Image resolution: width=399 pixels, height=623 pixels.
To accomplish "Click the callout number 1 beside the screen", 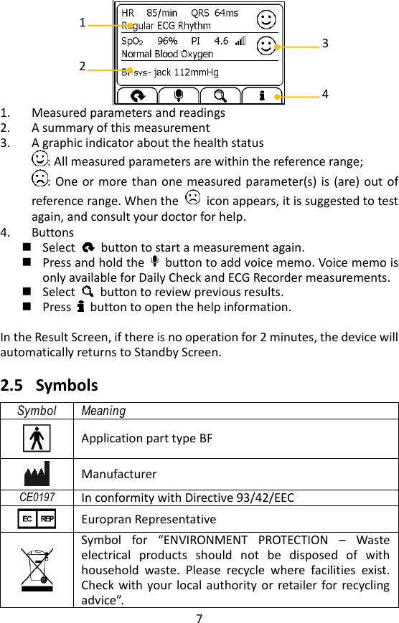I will [x=83, y=23].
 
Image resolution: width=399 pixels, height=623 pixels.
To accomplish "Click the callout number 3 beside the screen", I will [x=325, y=44].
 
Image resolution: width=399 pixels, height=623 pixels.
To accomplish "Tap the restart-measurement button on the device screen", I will [x=136, y=95].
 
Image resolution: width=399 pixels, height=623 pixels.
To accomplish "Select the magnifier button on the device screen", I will [x=220, y=95].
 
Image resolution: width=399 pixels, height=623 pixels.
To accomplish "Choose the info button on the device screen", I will [x=262, y=95].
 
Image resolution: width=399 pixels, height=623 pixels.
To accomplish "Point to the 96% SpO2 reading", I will [x=167, y=41].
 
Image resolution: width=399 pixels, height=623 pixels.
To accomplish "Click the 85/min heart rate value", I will [x=161, y=13].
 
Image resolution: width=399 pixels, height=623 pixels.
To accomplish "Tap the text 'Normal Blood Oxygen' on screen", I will [x=167, y=54].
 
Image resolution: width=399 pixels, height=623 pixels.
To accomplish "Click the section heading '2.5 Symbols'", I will [x=50, y=386].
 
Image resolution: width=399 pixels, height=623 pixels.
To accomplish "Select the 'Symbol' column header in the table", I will [x=37, y=411].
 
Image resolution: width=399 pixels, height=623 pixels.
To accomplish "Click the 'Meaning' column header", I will [x=103, y=411].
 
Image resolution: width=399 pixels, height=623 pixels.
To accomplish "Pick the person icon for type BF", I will [x=37, y=438].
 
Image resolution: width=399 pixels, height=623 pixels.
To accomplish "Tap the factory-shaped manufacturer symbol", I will [x=37, y=475].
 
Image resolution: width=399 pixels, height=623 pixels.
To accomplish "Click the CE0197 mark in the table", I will [x=37, y=498].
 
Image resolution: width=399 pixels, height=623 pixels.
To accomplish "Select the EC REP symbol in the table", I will [x=37, y=518].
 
